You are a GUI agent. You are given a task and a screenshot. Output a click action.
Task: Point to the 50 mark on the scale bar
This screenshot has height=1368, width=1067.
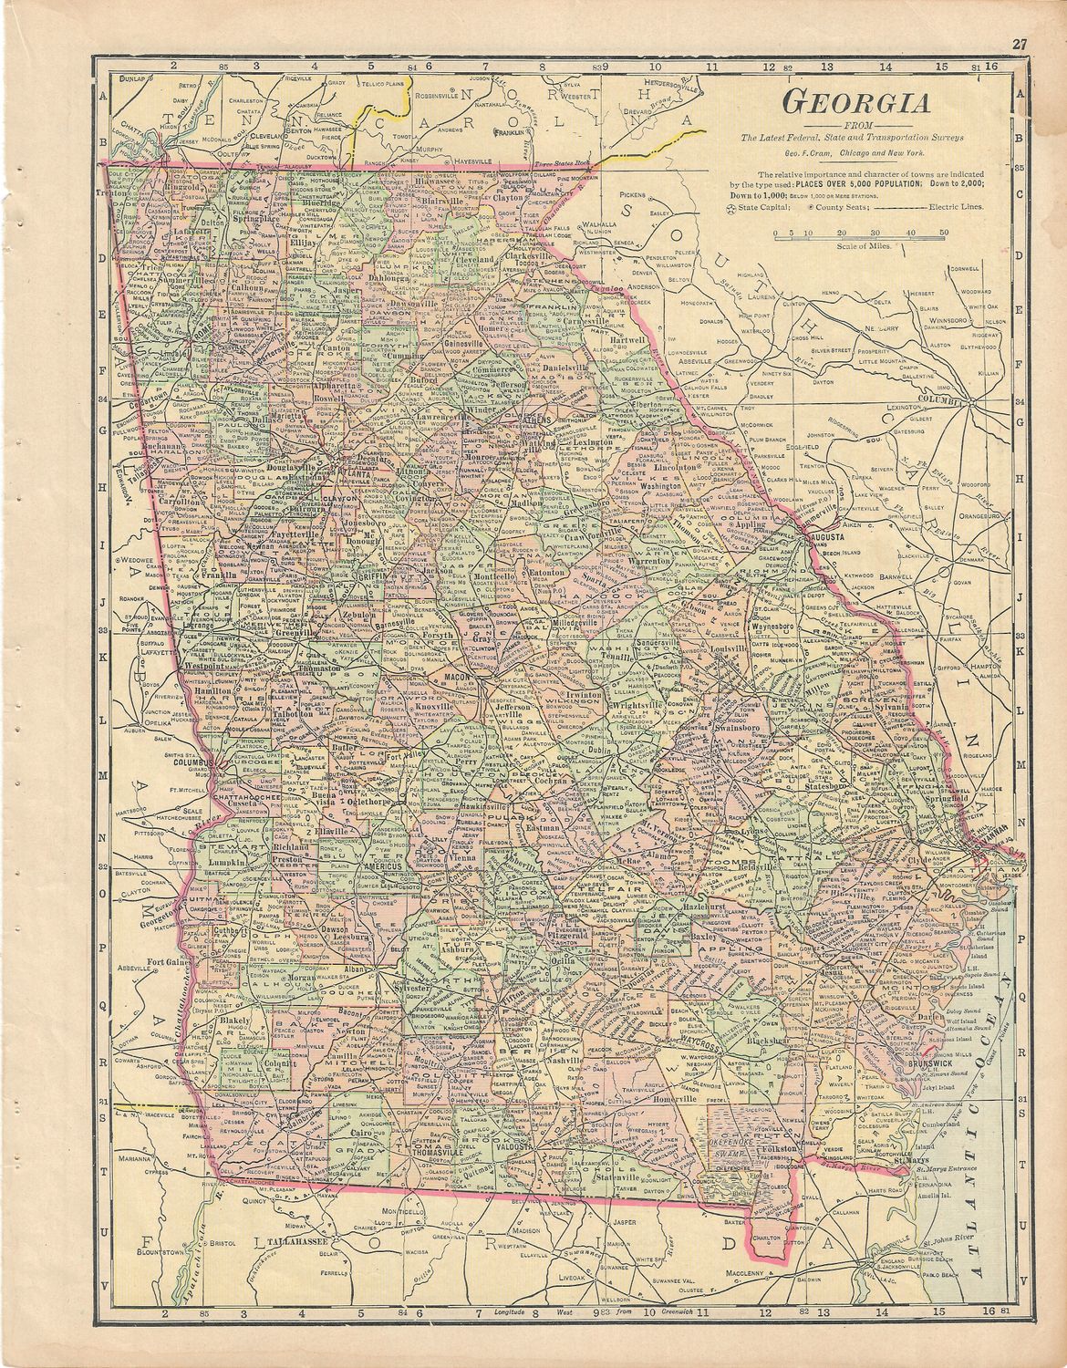943,233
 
